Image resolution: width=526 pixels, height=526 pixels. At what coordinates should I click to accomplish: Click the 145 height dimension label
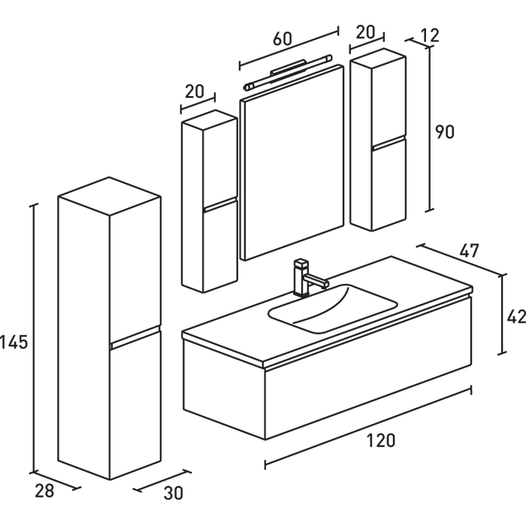tap(14, 343)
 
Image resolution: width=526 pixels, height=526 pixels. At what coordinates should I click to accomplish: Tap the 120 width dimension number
tap(382, 441)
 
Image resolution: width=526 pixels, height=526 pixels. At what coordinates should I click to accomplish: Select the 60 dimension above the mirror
tap(282, 40)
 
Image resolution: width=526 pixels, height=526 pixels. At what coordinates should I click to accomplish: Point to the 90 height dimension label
tap(445, 132)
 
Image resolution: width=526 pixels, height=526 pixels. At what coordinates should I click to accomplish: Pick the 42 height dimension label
tap(516, 317)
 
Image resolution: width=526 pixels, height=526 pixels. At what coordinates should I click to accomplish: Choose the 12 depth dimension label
tap(431, 35)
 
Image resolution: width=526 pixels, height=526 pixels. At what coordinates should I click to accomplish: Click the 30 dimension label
tap(173, 494)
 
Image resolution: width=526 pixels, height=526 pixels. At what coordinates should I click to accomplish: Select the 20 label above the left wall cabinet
tap(194, 92)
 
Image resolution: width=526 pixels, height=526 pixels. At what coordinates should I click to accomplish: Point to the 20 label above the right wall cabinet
tap(365, 32)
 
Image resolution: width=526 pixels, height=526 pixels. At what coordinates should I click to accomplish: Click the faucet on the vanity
tap(305, 277)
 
